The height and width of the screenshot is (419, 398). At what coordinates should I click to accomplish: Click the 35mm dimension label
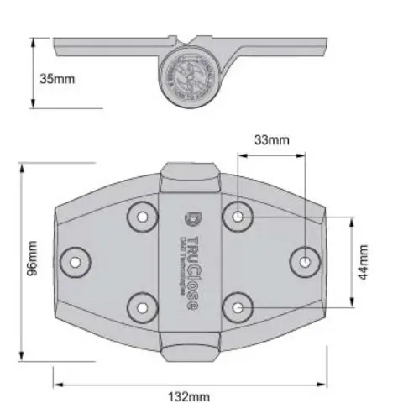pyautogui.click(x=57, y=78)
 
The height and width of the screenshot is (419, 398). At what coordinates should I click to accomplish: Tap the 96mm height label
pyautogui.click(x=33, y=259)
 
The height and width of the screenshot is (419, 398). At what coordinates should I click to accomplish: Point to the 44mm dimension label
pyautogui.click(x=364, y=263)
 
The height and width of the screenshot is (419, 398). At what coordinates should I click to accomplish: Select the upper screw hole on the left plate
pyautogui.click(x=143, y=217)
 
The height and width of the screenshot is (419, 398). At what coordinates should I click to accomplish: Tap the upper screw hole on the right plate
pyautogui.click(x=238, y=217)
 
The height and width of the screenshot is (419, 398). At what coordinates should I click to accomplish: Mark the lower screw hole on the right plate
pyautogui.click(x=238, y=307)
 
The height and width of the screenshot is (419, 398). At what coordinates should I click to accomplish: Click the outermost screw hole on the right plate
pyautogui.click(x=306, y=262)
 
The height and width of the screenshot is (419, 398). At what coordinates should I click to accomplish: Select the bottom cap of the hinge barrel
pyautogui.click(x=191, y=350)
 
